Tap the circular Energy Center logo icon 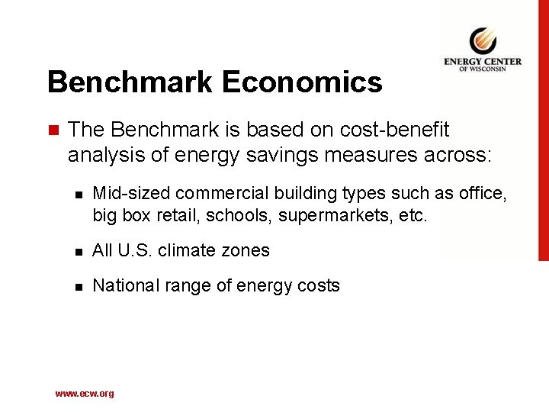[482, 39]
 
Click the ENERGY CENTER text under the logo [483, 62]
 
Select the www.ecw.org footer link [85, 394]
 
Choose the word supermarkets [336, 216]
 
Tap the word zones [246, 250]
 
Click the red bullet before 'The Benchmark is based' [52, 130]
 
